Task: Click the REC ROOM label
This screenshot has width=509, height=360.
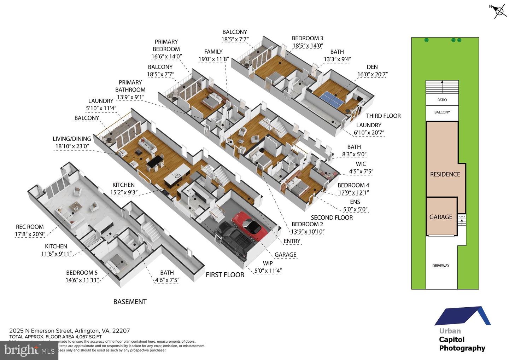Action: pos(30,227)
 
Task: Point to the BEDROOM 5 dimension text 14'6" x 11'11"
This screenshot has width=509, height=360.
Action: pos(82,280)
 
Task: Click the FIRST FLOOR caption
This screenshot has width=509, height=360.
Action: pos(225,275)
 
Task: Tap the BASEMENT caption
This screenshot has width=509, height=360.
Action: pos(130,302)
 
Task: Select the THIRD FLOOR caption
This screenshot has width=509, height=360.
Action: pos(383,116)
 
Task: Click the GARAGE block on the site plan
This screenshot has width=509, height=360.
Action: pos(441,217)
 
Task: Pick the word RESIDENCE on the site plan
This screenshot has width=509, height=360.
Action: pos(445,174)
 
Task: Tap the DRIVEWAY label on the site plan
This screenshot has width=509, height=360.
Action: pos(441,266)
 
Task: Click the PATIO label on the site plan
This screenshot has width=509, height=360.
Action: pos(442,100)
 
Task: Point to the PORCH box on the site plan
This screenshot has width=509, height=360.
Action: pos(462,216)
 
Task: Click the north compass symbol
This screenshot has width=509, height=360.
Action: pos(499,11)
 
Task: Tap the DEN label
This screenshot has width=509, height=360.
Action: pos(372,67)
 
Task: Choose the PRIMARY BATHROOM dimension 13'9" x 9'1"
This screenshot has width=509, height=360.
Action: pos(130,97)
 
